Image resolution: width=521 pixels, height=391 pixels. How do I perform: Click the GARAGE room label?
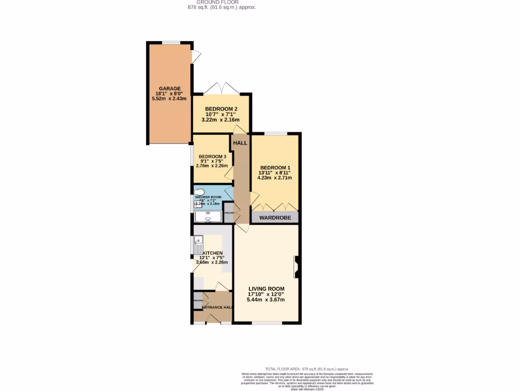click(169, 89)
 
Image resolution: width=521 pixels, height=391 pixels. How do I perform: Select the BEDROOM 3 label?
click(212, 156)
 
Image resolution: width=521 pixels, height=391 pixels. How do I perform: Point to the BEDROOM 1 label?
click(275, 168)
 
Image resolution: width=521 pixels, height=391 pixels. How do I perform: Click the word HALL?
click(240, 143)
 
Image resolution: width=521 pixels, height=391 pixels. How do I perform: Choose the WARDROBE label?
click(275, 218)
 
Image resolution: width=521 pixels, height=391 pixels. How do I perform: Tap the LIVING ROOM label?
click(266, 289)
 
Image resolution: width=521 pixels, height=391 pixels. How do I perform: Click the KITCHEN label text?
click(213, 253)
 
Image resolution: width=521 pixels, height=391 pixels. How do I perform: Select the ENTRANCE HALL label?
click(217, 308)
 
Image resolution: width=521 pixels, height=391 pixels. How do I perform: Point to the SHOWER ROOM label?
click(209, 197)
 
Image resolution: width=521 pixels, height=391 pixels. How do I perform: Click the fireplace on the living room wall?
click(296, 267)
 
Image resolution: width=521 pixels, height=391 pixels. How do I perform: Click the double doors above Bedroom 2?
click(221, 89)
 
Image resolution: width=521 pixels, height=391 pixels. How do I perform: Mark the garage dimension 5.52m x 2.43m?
click(169, 99)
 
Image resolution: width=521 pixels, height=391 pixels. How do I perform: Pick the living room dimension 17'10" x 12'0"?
click(266, 294)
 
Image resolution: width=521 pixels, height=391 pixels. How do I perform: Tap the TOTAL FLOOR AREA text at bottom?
click(307, 369)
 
